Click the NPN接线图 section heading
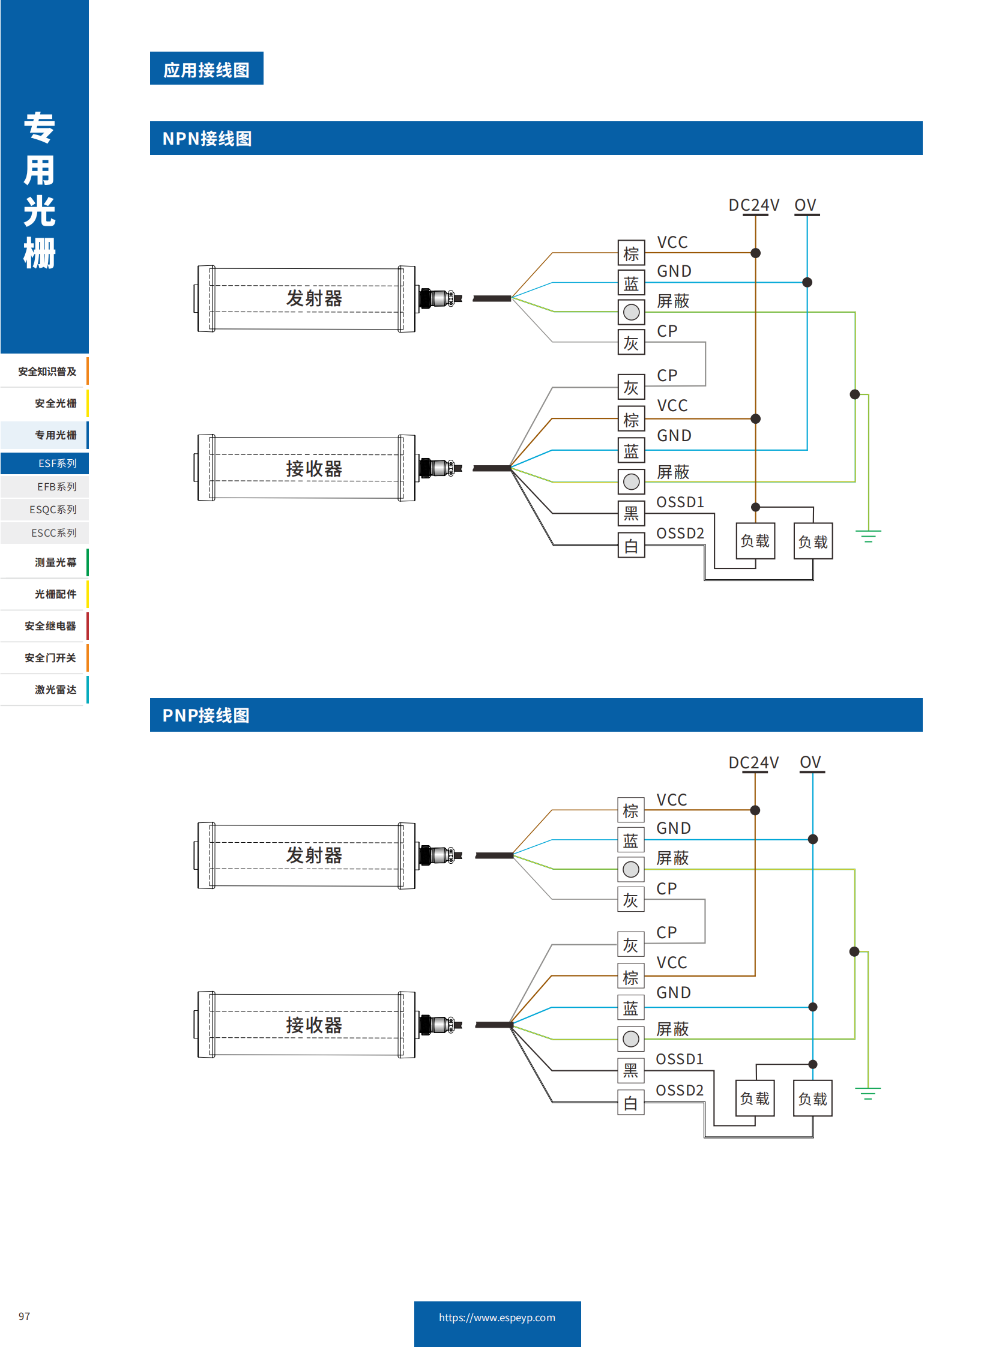[x=207, y=139]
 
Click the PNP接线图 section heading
[x=205, y=716]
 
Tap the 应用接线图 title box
[x=206, y=69]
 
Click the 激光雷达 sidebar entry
[x=55, y=690]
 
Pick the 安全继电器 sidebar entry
[x=50, y=625]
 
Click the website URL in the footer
[x=496, y=1317]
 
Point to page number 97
[x=24, y=1316]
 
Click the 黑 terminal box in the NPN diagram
[x=631, y=513]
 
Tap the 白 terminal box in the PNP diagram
[x=630, y=1103]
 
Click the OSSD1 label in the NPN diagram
[x=680, y=502]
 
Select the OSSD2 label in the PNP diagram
[x=679, y=1090]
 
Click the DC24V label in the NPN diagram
[x=753, y=205]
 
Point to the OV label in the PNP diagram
[x=810, y=762]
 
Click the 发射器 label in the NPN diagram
[x=314, y=298]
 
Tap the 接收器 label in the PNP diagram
[x=314, y=1025]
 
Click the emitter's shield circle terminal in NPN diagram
[x=631, y=312]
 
